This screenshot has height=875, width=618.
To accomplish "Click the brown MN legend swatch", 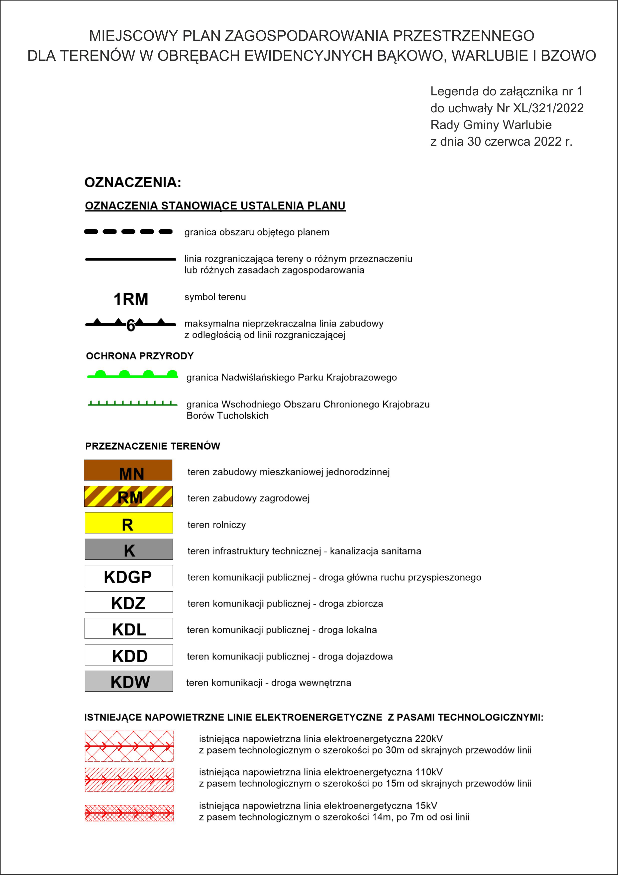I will click(128, 470).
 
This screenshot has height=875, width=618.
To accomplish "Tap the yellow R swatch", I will click(128, 523).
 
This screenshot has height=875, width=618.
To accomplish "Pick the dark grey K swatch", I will click(128, 549).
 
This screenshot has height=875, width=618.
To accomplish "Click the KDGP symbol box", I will click(128, 576).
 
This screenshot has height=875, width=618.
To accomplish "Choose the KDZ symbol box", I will click(128, 602).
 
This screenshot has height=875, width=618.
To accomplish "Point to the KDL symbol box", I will click(128, 628).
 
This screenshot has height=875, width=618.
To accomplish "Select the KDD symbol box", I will click(128, 655).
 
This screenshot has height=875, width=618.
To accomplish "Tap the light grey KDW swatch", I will click(128, 681).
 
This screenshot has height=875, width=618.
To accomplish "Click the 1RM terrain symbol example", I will click(131, 299).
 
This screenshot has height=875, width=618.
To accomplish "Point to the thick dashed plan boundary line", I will click(128, 231).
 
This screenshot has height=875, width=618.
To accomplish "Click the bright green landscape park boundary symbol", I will click(133, 375).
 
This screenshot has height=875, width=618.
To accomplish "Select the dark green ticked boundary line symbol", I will click(132, 404).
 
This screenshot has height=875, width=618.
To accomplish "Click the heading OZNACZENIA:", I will click(133, 183).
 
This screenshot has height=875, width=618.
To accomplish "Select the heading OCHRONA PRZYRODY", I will click(140, 356).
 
